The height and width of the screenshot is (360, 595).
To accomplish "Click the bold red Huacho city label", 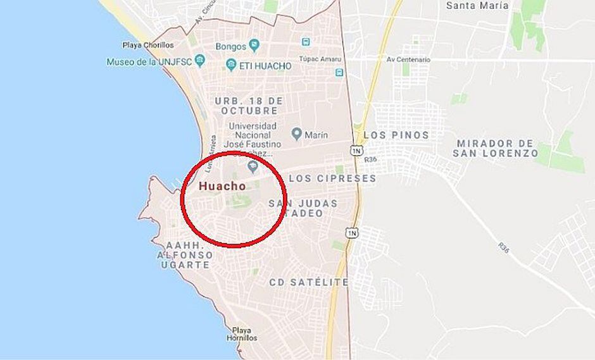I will tap(222, 186).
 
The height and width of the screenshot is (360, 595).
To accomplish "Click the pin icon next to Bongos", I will tap(254, 46).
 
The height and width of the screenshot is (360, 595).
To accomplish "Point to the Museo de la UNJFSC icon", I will tap(201, 61).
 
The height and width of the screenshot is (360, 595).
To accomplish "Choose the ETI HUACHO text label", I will tap(266, 66).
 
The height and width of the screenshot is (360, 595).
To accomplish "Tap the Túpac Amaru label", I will tap(320, 59).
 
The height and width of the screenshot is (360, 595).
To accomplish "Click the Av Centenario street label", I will tap(408, 59).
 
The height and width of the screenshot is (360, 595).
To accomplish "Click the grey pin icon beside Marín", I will tap(296, 134).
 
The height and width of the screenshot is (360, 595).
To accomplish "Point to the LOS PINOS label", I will tap(396, 135).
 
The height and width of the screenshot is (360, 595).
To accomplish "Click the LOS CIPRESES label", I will tap(332, 178).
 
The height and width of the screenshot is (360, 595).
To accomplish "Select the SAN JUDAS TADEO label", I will tap(303, 208).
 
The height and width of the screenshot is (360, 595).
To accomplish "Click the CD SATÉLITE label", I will tap(308, 282).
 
